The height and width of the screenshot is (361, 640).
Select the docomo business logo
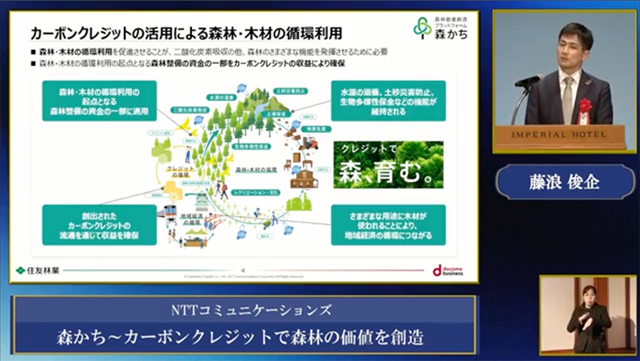coord(448,271)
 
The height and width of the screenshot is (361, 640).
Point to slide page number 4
coord(242,270)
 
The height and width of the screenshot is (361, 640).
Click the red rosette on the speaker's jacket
coord(585,107)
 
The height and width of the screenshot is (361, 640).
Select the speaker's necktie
coord(568,94)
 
